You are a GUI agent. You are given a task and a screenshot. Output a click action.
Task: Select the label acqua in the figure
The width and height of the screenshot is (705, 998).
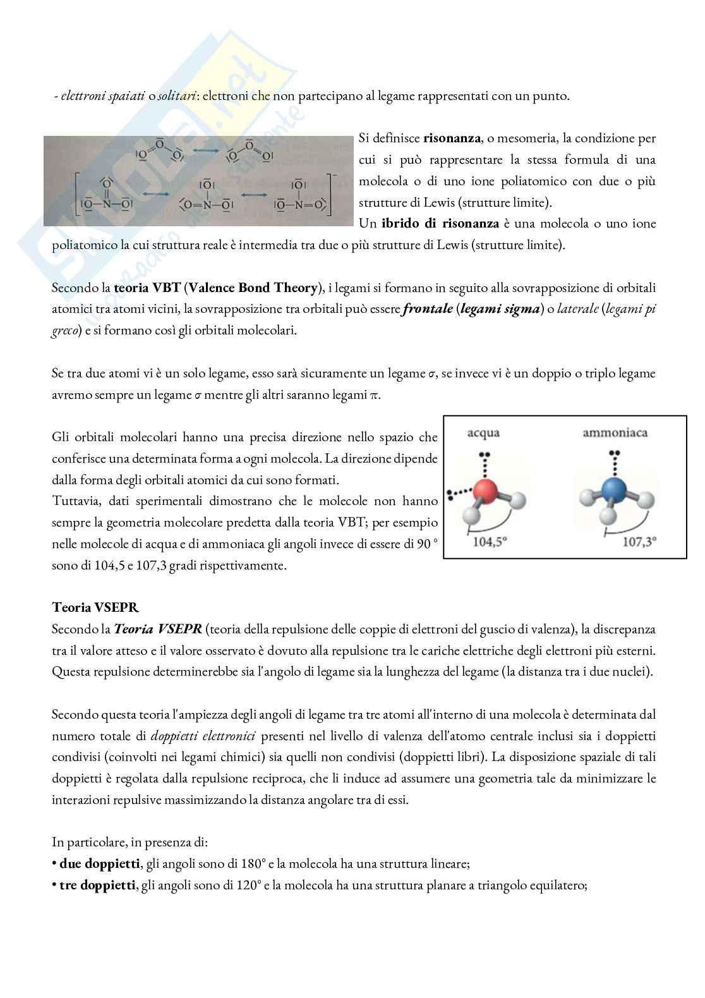click(x=483, y=434)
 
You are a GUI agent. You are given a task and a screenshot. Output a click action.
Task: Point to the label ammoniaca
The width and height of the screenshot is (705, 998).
click(x=615, y=434)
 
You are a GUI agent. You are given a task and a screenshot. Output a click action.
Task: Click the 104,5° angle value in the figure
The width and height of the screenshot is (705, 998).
click(x=491, y=542)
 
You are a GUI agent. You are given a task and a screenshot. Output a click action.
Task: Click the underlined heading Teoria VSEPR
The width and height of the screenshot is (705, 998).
click(x=95, y=608)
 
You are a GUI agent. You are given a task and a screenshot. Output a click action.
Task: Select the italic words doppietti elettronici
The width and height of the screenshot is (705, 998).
click(x=203, y=736)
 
